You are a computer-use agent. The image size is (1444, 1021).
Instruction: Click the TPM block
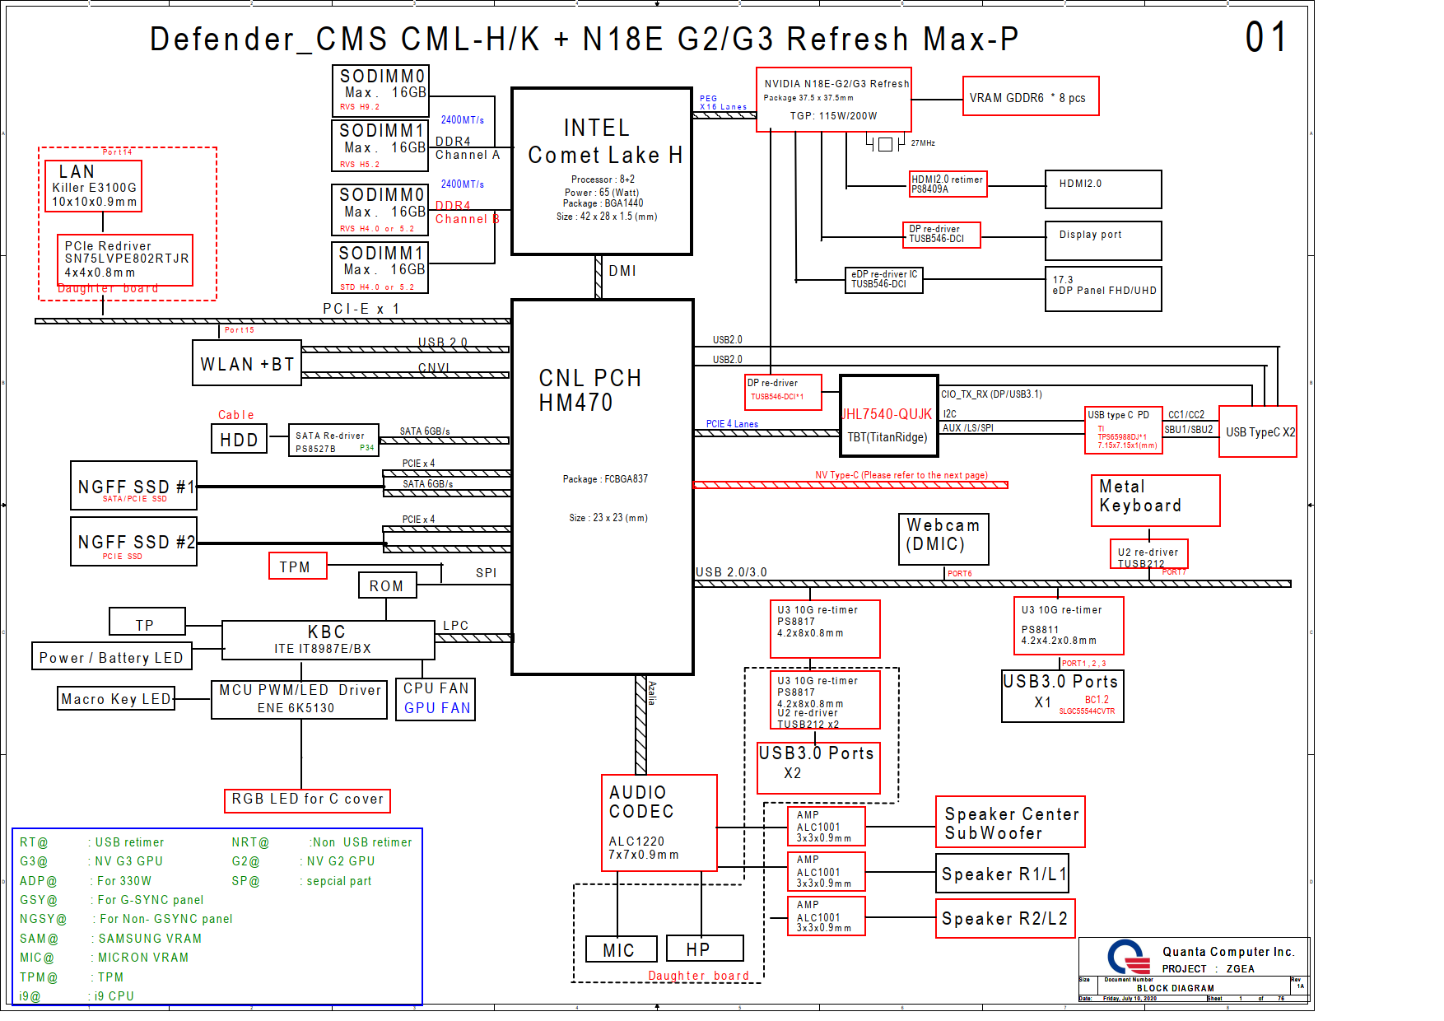[297, 566]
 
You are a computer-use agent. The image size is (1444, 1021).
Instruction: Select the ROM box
[387, 585]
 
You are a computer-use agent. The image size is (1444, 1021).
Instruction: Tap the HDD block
[239, 440]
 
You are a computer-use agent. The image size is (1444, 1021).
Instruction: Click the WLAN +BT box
[247, 363]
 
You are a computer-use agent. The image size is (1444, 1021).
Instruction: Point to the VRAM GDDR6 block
[1030, 97]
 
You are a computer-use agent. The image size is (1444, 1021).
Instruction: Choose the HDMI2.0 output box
[1102, 189]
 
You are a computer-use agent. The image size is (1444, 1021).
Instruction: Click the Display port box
[1102, 240]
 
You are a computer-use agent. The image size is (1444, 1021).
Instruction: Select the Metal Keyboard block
[1154, 500]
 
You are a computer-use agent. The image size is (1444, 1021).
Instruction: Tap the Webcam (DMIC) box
[943, 539]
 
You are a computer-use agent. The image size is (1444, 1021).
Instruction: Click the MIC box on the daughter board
[621, 949]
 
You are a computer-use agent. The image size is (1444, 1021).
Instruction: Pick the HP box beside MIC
[704, 949]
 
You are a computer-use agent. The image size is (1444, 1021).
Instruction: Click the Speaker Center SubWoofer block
[1009, 822]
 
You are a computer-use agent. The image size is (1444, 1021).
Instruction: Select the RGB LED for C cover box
[307, 800]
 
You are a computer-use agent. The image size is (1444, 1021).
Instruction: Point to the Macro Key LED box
[116, 699]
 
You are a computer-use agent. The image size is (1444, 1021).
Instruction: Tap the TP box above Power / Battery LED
[147, 622]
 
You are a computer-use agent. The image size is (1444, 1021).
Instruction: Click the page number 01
[1265, 38]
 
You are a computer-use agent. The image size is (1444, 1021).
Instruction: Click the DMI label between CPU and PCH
[622, 271]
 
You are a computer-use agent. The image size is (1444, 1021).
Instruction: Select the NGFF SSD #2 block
[134, 541]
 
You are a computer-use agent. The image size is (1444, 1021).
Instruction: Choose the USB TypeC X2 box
[1257, 431]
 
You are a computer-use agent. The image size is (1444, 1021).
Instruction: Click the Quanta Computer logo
[1128, 957]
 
